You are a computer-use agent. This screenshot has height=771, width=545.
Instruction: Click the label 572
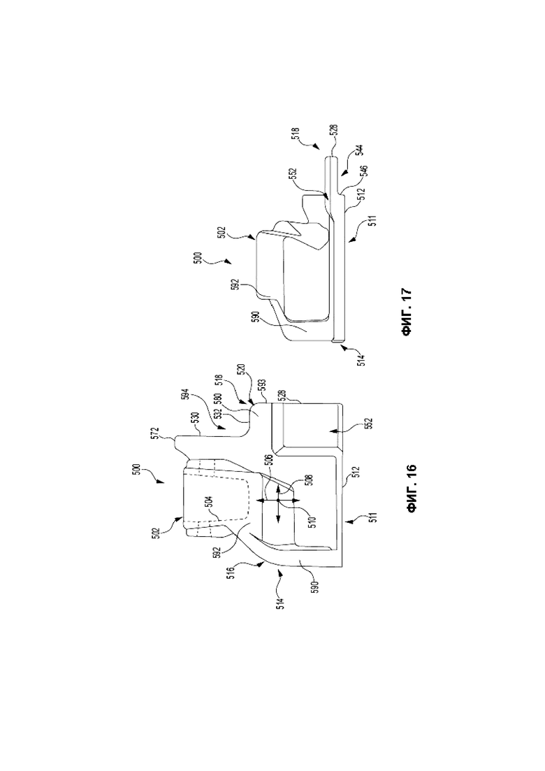(170, 433)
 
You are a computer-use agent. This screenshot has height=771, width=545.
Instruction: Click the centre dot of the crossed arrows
(278, 500)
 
